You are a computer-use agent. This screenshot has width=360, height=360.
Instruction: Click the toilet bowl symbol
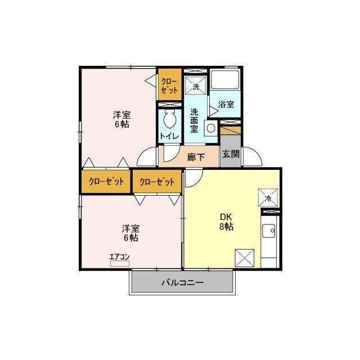(170, 119)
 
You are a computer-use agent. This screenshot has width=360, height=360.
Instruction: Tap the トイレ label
(170, 136)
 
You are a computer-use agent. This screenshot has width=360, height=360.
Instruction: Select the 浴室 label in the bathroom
(226, 105)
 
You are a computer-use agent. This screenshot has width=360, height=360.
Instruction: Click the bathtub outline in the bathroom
(225, 80)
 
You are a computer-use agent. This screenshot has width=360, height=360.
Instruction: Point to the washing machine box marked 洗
(196, 85)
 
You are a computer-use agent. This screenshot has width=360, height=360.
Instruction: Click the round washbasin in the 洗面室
(211, 128)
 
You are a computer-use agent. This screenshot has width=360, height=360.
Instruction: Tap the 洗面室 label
(194, 120)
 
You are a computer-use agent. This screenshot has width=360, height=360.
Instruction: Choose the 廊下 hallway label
(196, 157)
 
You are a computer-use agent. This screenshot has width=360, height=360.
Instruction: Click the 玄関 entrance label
(231, 154)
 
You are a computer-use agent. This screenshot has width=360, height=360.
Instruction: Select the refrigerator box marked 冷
(268, 197)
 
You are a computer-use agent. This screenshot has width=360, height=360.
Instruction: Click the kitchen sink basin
(269, 231)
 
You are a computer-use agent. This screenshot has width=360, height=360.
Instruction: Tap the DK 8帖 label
(226, 222)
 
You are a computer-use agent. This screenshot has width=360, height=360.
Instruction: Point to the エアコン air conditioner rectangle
(120, 264)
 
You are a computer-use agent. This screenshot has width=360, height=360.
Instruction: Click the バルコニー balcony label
(183, 282)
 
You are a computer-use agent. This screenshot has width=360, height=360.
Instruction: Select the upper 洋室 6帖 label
(121, 120)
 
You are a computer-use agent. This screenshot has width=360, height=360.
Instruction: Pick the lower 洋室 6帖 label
(130, 233)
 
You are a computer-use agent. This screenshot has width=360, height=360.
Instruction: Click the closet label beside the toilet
(169, 86)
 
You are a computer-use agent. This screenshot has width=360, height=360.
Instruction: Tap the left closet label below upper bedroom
(106, 182)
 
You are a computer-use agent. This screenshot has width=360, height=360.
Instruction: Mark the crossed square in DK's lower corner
(245, 258)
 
